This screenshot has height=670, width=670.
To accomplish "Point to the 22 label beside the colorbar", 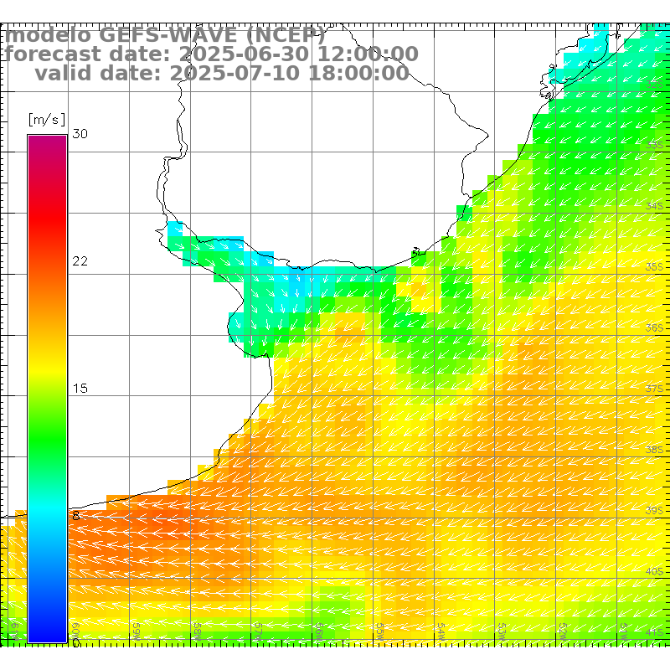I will click(80, 261).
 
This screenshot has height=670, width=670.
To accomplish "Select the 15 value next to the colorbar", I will click(80, 389).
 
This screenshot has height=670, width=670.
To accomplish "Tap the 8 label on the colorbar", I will click(76, 516).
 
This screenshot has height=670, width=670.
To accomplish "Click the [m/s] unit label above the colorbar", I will click(47, 119).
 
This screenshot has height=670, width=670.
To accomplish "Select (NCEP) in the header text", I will click(284, 36).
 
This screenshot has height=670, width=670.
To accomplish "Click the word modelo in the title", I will click(49, 36).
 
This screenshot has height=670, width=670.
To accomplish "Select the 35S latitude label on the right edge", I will click(655, 267).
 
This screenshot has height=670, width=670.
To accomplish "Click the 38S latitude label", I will click(655, 450).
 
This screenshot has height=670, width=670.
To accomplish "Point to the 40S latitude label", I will click(655, 572).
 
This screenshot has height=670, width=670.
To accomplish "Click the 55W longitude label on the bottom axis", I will click(379, 628).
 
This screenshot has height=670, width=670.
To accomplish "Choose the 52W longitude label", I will click(563, 628).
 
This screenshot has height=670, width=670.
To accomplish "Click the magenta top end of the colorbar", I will click(47, 139).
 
